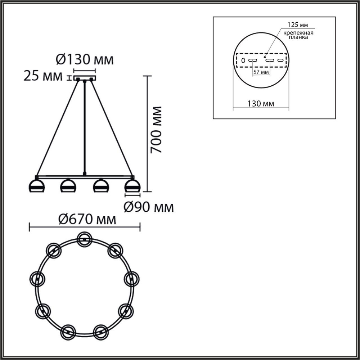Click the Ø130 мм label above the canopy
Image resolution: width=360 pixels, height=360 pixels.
85,59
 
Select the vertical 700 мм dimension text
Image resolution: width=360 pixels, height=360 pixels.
157,130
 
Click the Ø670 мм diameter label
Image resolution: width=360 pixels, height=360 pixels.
87,219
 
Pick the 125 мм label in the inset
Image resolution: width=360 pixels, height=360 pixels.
297,25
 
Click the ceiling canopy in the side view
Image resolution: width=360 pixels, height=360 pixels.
85,77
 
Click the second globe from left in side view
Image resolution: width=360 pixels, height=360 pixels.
68,186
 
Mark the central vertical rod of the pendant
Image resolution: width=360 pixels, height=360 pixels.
85,126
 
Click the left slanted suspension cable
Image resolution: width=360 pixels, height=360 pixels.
58,126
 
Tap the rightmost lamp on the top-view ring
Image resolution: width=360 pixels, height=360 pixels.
132,278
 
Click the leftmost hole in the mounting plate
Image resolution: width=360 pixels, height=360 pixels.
243,60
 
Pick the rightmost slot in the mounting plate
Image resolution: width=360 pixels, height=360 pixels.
280,60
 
